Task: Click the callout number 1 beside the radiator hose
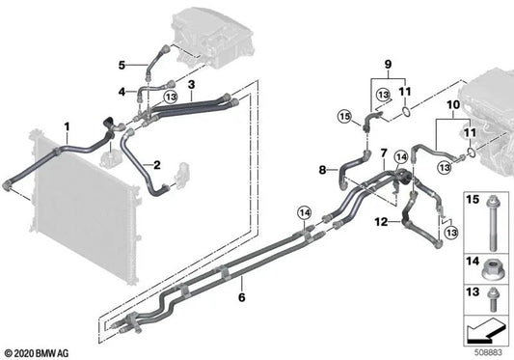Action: click(67, 126)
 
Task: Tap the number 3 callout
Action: click(192, 85)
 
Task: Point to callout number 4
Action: click(122, 92)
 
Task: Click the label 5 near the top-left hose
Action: click(122, 65)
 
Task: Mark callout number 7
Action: click(383, 153)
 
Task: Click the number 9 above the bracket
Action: click(390, 66)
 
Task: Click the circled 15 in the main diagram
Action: click(343, 120)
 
